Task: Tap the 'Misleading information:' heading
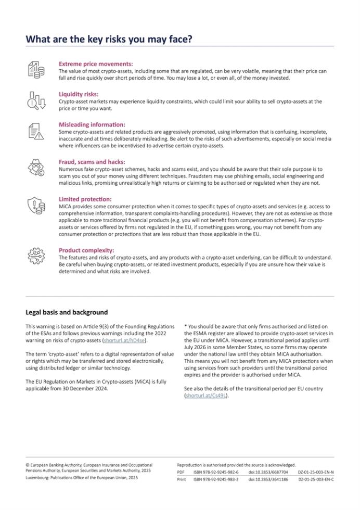pyautogui.click(x=92, y=125)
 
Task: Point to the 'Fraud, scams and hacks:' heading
pyautogui.click(x=92, y=162)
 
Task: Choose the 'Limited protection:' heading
pyautogui.click(x=85, y=199)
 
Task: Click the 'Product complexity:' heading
pyautogui.click(x=86, y=250)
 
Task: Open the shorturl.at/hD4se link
pyautogui.click(x=125, y=340)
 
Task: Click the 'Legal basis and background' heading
pyautogui.click(x=67, y=312)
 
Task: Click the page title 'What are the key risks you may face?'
pyautogui.click(x=109, y=39)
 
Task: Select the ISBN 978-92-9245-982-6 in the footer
pyautogui.click(x=216, y=472)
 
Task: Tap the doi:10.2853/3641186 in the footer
pyautogui.click(x=268, y=479)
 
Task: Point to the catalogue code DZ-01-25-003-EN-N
pyautogui.click(x=316, y=472)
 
